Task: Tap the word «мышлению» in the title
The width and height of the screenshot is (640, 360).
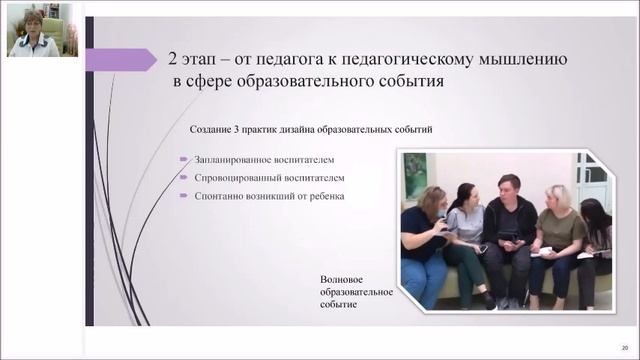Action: click(519, 60)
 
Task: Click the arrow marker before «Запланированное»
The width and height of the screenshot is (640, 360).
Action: click(184, 159)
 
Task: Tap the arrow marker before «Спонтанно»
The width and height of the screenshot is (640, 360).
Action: click(184, 195)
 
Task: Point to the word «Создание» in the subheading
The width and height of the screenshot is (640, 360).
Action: click(213, 130)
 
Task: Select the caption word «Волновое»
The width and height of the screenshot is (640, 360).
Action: click(344, 277)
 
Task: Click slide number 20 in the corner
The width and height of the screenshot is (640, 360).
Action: click(624, 346)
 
